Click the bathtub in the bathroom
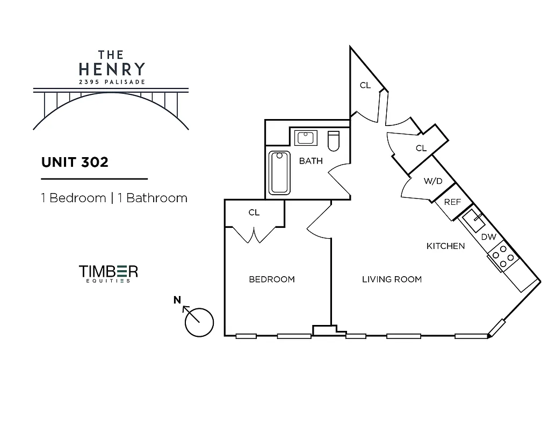[279, 173]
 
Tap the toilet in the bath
[333, 140]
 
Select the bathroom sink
[306, 138]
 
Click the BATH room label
[311, 161]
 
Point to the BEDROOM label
[272, 279]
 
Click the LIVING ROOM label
[392, 279]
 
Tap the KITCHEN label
[445, 246]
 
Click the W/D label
[433, 181]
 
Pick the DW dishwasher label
[488, 237]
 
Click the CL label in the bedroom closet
[254, 213]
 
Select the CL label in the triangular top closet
[365, 85]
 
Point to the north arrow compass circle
[199, 322]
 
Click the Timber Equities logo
[109, 272]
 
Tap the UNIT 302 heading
[75, 162]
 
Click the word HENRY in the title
[112, 69]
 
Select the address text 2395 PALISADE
[112, 82]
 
